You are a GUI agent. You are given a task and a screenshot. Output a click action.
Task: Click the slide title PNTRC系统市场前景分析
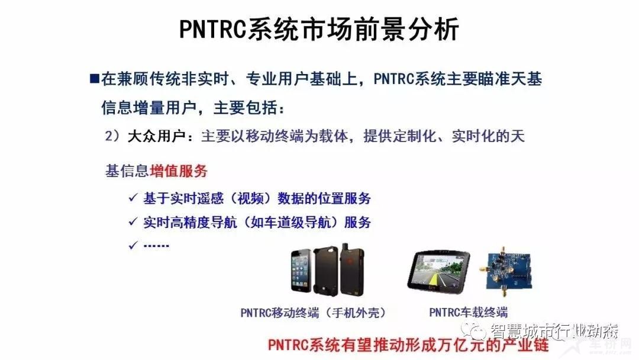coord(319,29)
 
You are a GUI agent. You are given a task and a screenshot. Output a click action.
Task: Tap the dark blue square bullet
coord(94,78)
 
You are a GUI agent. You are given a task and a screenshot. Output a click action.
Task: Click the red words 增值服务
coord(179,171)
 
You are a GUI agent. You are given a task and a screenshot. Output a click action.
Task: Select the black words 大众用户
coord(157,136)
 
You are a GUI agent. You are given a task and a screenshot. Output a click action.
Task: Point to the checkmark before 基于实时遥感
coord(133,198)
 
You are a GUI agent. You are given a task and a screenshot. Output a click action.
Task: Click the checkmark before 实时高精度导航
coord(133,222)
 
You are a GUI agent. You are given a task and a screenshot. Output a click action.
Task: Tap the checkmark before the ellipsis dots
coord(133,246)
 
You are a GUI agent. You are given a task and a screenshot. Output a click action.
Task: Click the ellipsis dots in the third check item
coord(156,246)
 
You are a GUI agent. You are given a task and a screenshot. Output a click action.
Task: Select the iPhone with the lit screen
coord(301,271)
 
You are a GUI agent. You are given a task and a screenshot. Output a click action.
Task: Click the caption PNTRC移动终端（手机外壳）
coord(313,313)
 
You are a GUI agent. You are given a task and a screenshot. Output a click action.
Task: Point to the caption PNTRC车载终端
coord(468,313)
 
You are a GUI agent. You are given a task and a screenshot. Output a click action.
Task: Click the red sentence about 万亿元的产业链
coord(408,345)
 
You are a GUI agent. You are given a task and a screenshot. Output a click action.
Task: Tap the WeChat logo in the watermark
coord(473,330)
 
